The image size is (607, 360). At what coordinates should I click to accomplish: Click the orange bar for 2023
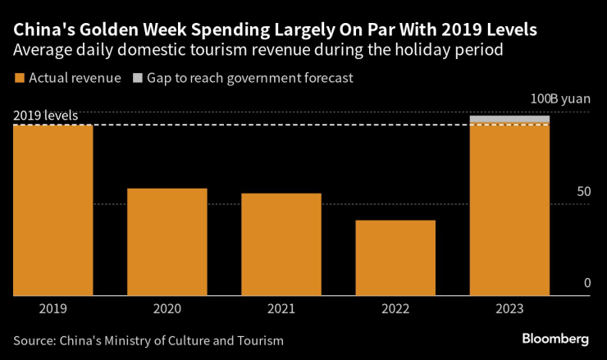click(x=509, y=210)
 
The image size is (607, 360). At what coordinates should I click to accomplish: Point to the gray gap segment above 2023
click(x=509, y=120)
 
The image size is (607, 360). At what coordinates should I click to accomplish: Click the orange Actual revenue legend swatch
click(x=19, y=79)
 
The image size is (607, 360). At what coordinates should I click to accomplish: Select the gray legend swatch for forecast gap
click(x=137, y=79)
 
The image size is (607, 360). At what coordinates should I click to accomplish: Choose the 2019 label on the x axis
click(x=52, y=309)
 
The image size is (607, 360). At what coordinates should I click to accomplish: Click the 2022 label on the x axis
click(x=395, y=309)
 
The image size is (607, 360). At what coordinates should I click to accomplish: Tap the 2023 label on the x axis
click(x=509, y=309)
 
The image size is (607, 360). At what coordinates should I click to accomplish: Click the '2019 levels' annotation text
click(x=45, y=116)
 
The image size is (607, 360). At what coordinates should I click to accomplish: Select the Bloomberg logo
click(x=555, y=339)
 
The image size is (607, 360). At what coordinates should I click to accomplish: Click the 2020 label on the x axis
click(x=167, y=309)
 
